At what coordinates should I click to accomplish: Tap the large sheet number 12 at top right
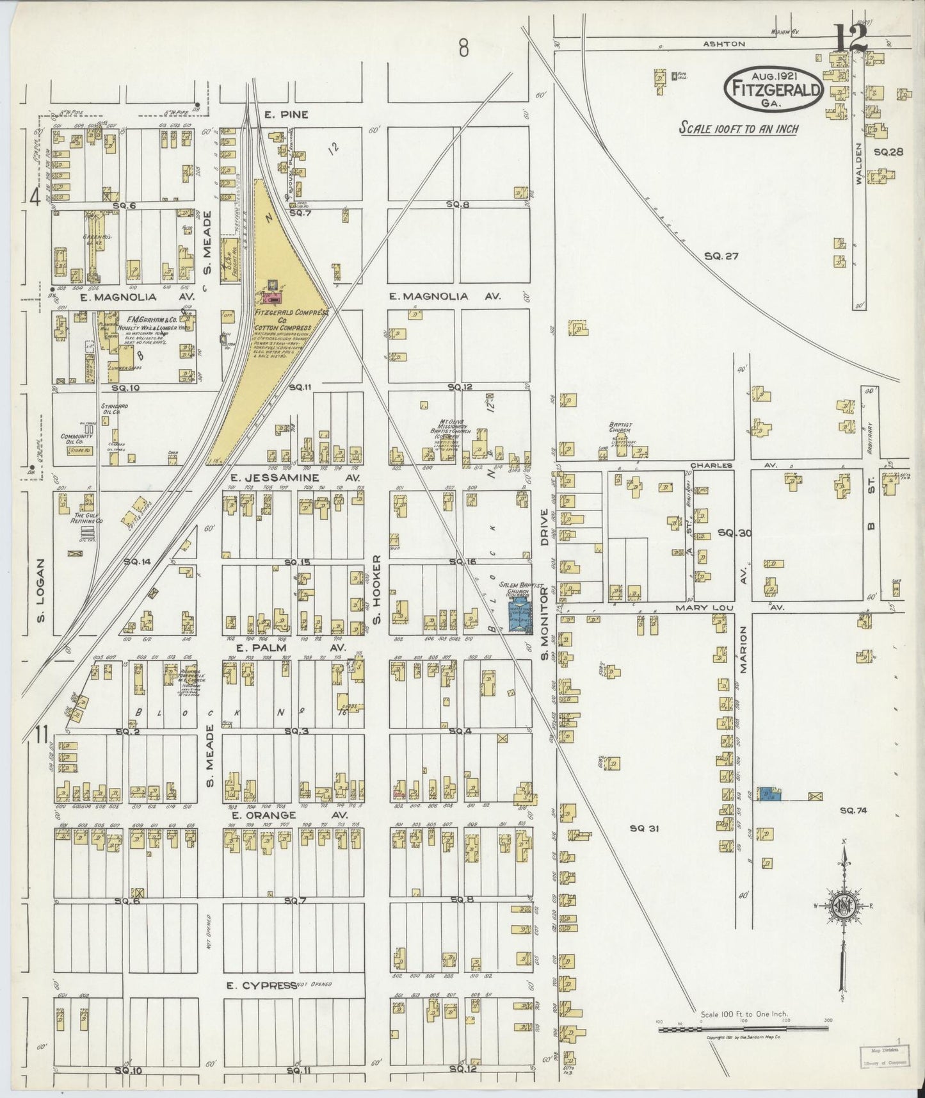(x=852, y=38)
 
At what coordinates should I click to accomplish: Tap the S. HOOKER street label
(x=377, y=589)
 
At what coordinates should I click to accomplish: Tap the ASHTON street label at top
(x=724, y=44)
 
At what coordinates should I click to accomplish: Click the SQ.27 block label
(x=721, y=256)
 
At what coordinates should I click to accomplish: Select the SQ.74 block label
(x=852, y=810)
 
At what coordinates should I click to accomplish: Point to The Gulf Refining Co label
(x=88, y=518)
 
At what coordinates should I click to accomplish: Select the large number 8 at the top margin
(x=463, y=47)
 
